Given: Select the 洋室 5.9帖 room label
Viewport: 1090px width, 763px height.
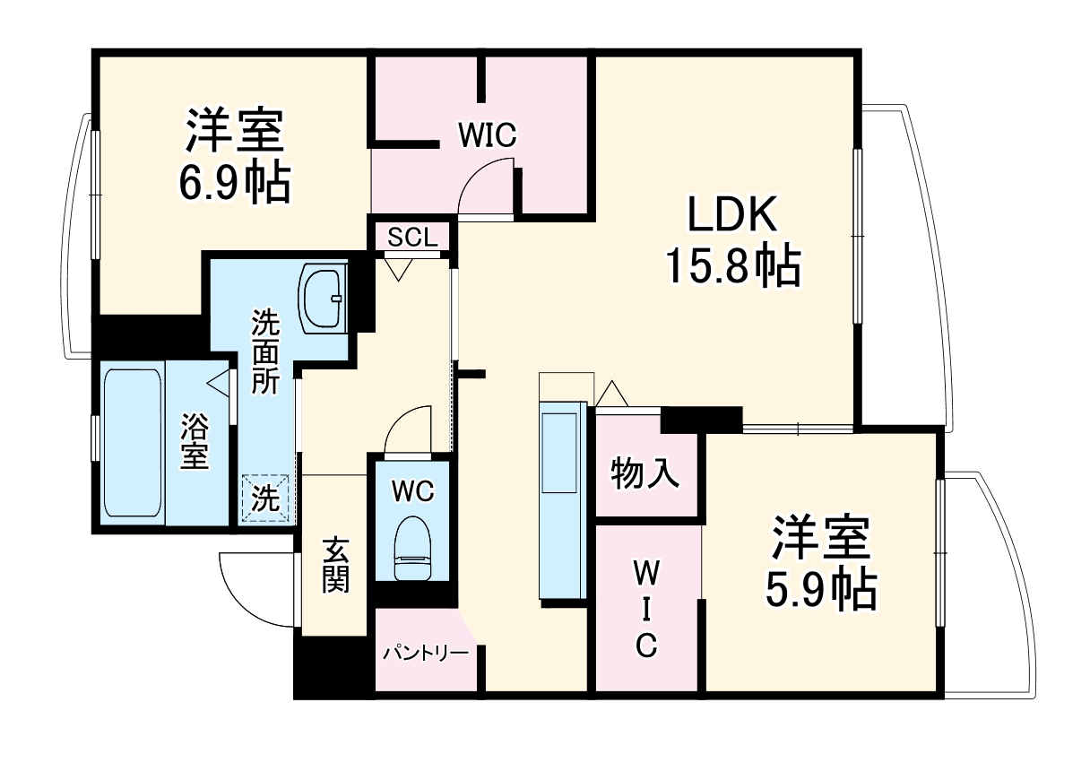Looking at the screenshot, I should pos(820,562).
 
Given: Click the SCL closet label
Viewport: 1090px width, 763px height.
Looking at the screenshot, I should pos(412,238).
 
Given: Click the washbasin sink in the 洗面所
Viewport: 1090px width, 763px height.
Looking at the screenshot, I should pos(324,298).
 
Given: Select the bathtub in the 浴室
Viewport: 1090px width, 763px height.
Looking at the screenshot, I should pos(132,442).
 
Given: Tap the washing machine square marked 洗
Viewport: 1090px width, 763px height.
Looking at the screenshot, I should pos(265,499).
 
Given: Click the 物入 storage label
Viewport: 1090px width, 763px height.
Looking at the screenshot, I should pos(645,473).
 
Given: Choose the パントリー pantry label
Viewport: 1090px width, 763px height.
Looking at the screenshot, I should pos(426,653).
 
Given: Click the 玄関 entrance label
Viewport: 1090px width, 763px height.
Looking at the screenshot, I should pos(335,565).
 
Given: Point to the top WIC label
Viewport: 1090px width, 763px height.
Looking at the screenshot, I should pos(487,136).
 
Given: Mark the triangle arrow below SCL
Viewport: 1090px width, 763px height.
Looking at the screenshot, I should pos(397,268).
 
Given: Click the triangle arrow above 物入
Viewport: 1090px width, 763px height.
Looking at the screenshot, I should pos(612,393).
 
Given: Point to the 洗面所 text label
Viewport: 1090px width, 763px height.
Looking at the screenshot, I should pos(264,351).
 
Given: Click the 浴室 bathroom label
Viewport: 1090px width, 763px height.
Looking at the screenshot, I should pos(195,441).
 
